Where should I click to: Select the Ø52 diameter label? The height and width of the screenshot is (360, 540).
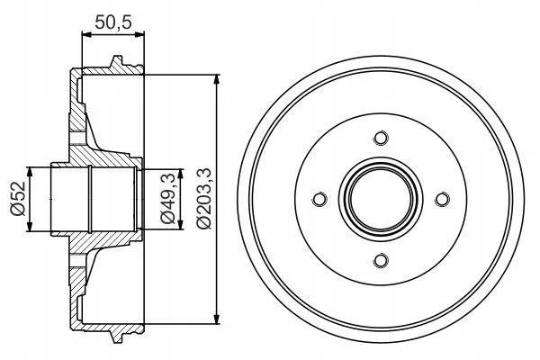pos(17,199)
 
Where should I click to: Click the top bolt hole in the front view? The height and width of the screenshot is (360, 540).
pos(380,137)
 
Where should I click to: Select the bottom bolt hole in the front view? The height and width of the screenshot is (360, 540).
pos(380,261)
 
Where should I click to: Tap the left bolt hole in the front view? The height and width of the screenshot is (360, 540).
pos(318,199)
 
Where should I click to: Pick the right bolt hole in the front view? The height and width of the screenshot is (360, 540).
pos(442,199)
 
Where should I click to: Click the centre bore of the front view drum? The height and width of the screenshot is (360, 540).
pos(380,199)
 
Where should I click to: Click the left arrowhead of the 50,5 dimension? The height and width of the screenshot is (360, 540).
pos(85,35)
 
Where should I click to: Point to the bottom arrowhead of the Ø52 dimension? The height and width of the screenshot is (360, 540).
pos(31,227)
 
